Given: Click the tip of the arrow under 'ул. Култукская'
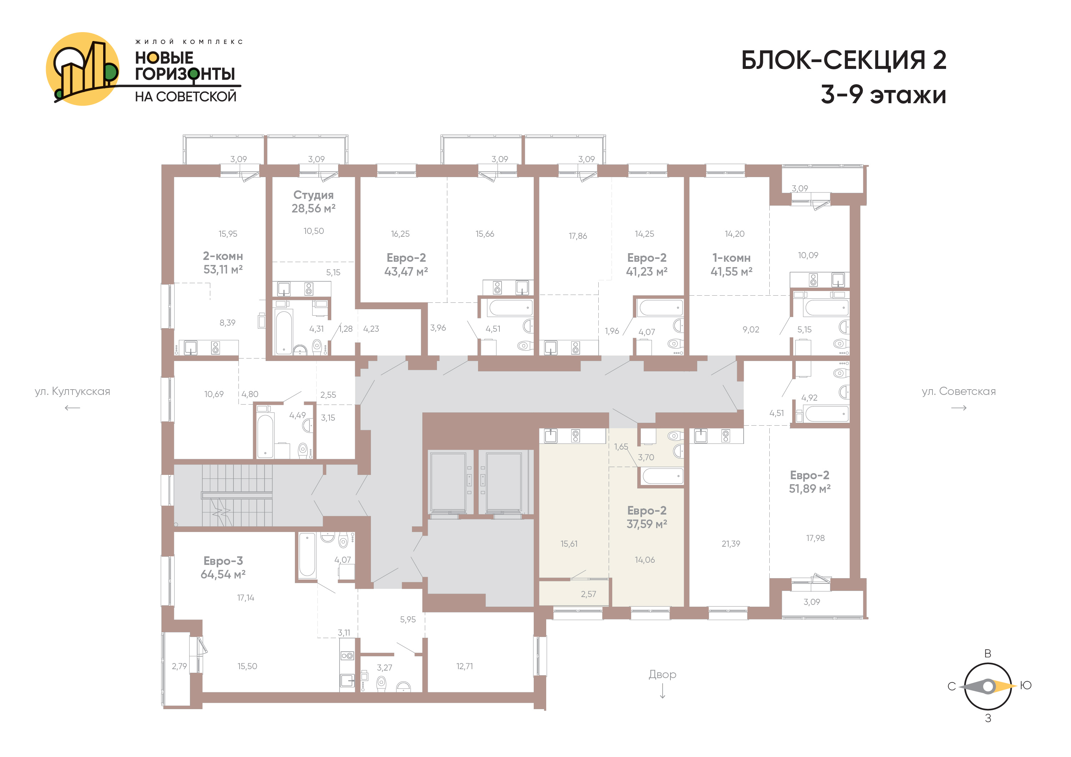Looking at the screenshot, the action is point(65,408).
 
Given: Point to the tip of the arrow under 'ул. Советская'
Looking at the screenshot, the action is point(966,408).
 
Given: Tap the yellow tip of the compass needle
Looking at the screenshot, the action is point(1016,686).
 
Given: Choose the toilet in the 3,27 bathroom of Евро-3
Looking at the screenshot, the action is point(381,683).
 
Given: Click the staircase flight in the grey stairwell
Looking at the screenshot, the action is point(237,495).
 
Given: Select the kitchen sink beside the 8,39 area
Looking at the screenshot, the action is point(190,347).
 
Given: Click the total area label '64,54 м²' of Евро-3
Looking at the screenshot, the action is point(223,575).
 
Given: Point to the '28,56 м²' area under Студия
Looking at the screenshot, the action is point(313,209).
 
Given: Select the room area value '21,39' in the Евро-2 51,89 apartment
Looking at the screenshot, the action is point(730,544).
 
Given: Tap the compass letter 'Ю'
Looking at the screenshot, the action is point(1025,686).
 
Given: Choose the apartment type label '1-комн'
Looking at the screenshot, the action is point(731,258).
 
